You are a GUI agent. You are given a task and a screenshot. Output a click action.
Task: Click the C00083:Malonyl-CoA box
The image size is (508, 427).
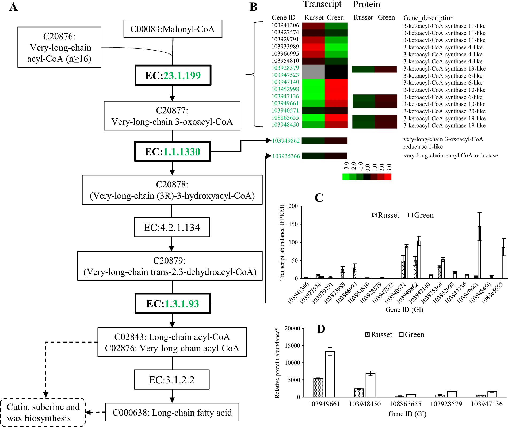[173, 29]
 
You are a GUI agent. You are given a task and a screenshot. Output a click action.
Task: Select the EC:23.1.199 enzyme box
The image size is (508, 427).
[173, 75]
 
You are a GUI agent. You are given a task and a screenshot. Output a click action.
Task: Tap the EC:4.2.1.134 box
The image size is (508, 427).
[172, 227]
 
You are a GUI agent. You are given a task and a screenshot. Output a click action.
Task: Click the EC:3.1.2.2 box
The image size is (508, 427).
[172, 380]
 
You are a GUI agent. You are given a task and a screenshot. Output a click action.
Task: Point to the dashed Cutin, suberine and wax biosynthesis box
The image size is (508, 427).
[43, 413]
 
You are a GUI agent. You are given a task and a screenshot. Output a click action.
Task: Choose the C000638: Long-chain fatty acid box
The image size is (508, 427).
[172, 412]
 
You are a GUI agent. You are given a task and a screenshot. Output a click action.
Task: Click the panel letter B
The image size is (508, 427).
[253, 7]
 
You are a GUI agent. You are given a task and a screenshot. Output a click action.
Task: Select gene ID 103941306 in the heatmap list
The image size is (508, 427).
[285, 25]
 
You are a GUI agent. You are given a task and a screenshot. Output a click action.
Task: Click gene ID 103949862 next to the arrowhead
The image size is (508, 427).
[286, 141]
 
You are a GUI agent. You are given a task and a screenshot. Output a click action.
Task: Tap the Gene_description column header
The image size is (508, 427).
[428, 18]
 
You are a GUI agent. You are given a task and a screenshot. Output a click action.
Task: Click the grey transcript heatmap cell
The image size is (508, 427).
[313, 72]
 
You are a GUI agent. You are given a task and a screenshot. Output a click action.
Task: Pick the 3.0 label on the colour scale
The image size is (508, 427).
[389, 167]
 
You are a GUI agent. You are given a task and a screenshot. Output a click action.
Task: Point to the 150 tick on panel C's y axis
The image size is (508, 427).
[293, 224]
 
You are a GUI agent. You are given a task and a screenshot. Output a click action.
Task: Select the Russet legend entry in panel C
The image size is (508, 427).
[385, 215]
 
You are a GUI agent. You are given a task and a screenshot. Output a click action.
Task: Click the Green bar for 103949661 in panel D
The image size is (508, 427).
[330, 374]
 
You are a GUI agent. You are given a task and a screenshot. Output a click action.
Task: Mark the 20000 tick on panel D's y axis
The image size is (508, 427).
[292, 329]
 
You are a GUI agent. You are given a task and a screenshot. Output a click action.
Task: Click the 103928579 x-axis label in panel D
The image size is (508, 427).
[446, 404]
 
